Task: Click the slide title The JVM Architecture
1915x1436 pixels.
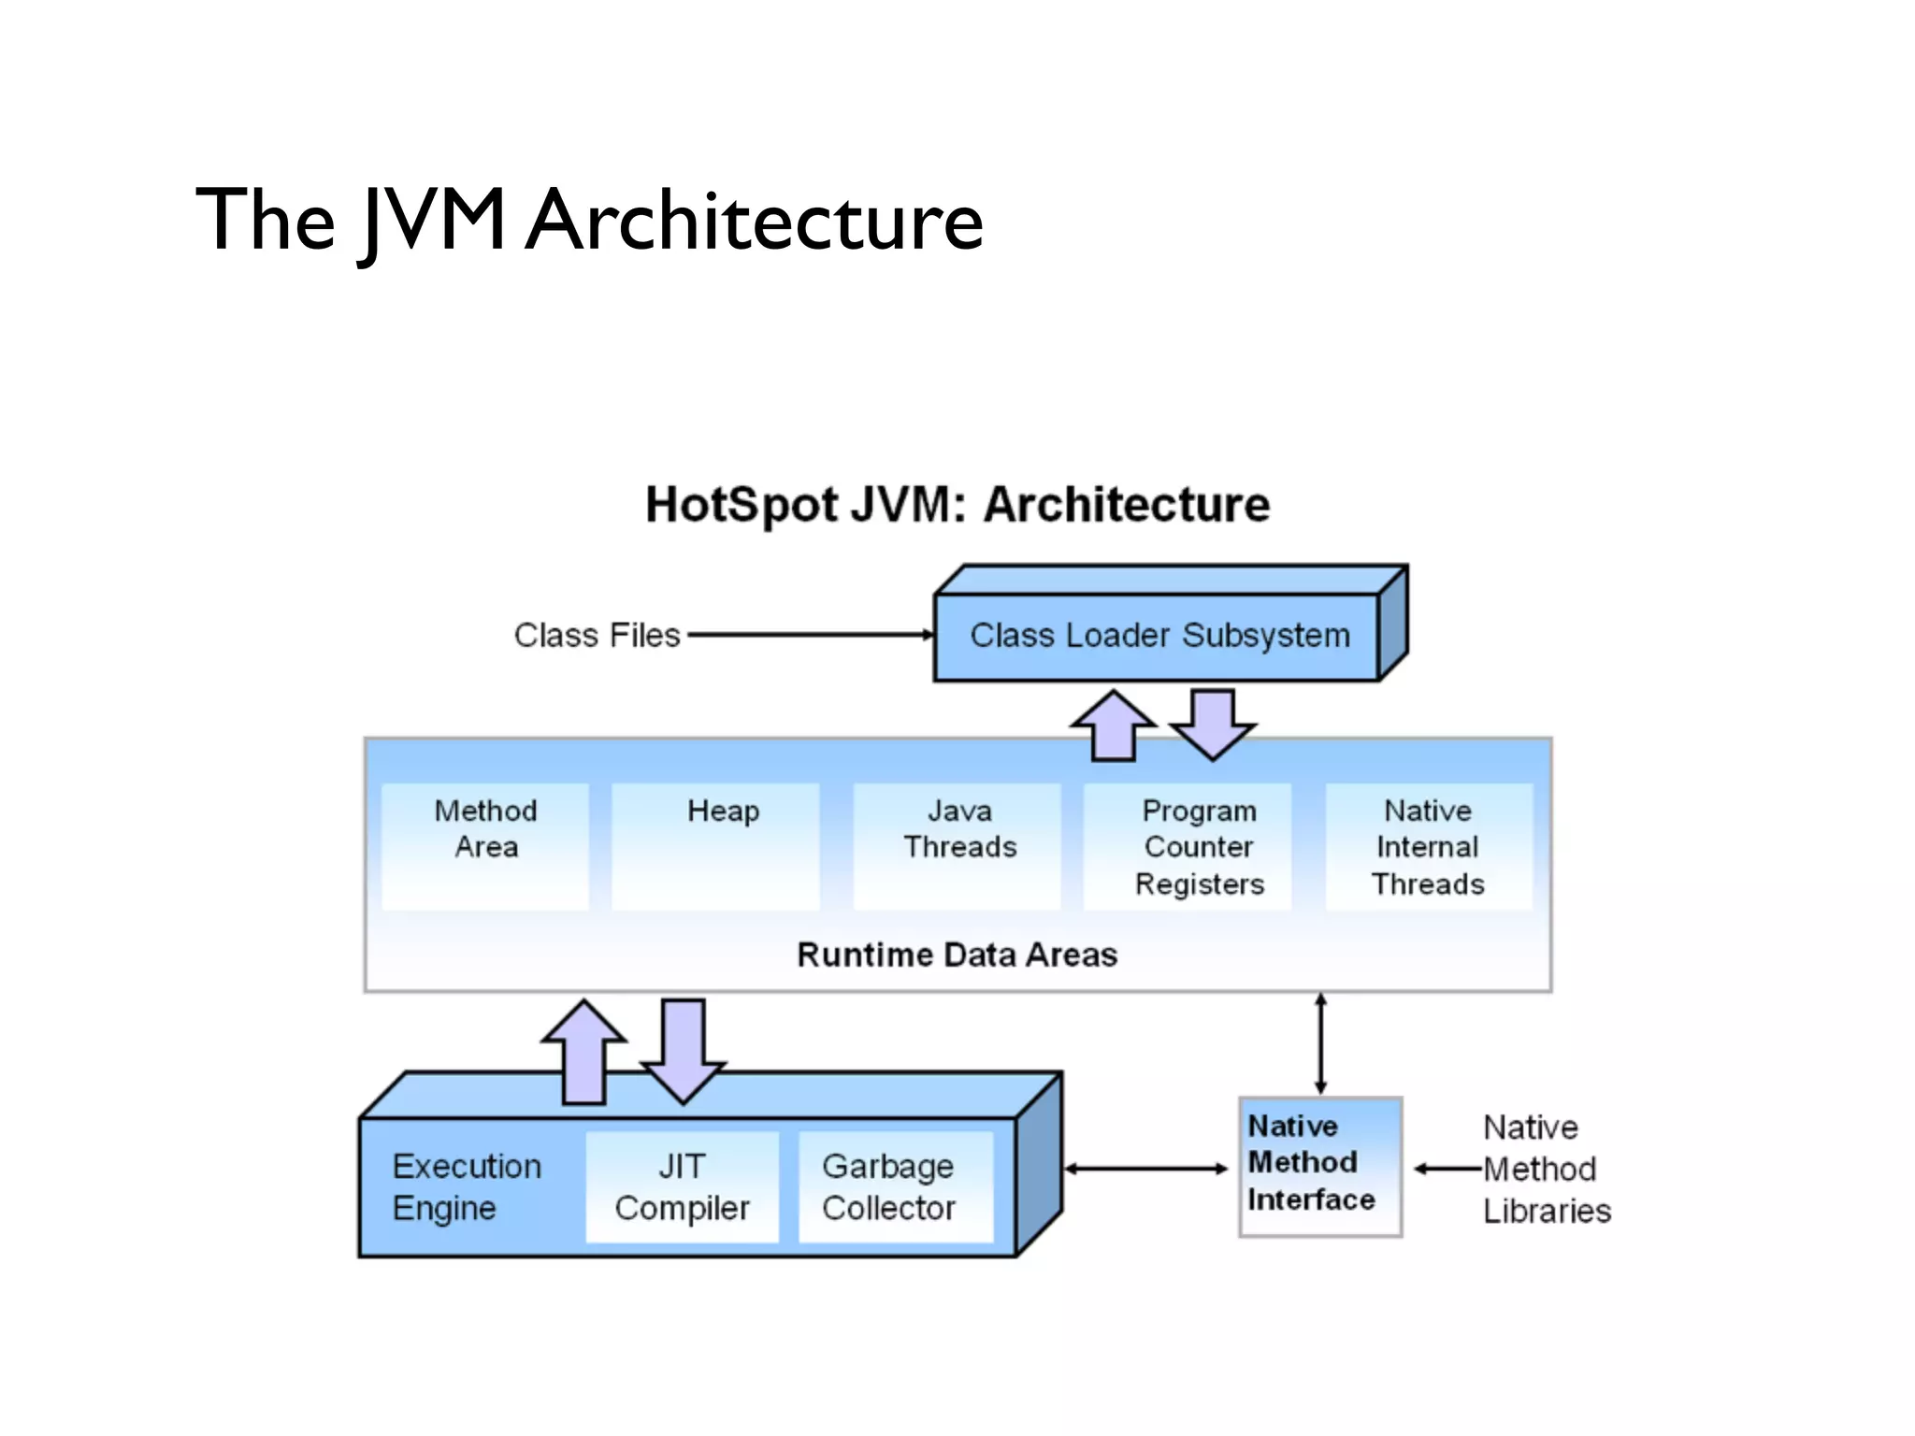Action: pyautogui.click(x=589, y=221)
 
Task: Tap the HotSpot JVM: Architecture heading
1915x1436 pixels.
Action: pyautogui.click(x=957, y=505)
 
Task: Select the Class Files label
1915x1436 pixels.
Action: pyautogui.click(x=597, y=636)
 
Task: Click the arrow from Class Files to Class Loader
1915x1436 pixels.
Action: pyautogui.click(x=810, y=635)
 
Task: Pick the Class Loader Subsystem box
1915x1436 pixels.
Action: pyautogui.click(x=1159, y=636)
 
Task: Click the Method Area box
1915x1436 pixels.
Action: pyautogui.click(x=485, y=845)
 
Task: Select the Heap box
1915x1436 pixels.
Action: pyautogui.click(x=716, y=845)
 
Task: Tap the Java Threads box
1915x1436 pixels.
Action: pyautogui.click(x=958, y=845)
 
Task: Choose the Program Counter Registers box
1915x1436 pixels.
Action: pyautogui.click(x=1188, y=845)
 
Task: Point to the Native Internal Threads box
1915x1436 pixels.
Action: pyautogui.click(x=1429, y=845)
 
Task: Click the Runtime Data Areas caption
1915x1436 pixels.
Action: pyautogui.click(x=957, y=955)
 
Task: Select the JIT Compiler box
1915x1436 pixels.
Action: pyautogui.click(x=683, y=1187)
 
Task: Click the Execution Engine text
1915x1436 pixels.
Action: pyautogui.click(x=467, y=1187)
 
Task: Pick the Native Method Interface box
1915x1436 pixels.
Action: pyautogui.click(x=1319, y=1166)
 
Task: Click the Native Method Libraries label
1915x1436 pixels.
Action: pyautogui.click(x=1545, y=1169)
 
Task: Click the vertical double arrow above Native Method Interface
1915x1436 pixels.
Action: pyautogui.click(x=1320, y=1043)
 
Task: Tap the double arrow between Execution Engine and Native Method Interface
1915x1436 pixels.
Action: pyautogui.click(x=1146, y=1169)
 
